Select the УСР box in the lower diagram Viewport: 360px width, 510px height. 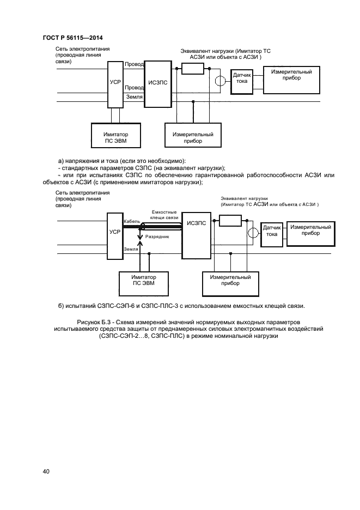click(x=115, y=232)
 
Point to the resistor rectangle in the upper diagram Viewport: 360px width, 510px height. click(x=193, y=68)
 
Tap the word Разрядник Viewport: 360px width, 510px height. click(x=157, y=238)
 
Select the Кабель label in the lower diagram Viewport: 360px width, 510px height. click(x=132, y=221)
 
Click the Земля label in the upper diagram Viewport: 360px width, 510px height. click(x=134, y=97)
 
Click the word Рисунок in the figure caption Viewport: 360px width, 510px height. click(x=91, y=323)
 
